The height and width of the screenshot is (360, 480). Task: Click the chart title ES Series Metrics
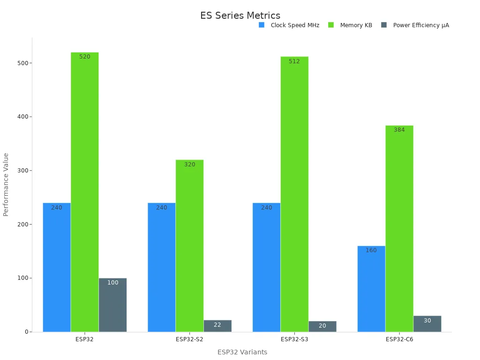(x=240, y=15)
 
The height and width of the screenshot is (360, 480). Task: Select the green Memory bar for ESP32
(x=85, y=192)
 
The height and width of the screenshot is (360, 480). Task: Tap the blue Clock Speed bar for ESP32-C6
(x=371, y=289)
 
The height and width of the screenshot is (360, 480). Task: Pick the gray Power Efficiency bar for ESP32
(x=112, y=305)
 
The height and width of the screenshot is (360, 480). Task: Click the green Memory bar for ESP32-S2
(x=189, y=246)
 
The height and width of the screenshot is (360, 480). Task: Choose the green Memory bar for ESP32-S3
(x=294, y=194)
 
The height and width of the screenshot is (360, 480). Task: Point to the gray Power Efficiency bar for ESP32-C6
(x=427, y=324)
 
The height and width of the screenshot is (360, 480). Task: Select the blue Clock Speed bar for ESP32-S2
(x=162, y=267)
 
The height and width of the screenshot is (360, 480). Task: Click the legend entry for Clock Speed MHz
(x=289, y=25)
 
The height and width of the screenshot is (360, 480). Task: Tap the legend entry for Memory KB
(x=350, y=25)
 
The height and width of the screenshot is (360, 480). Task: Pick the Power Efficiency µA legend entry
(x=415, y=25)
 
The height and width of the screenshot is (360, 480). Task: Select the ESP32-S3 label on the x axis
(x=294, y=339)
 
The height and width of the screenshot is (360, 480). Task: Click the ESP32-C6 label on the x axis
(x=399, y=339)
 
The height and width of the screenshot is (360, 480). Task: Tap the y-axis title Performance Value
(x=6, y=184)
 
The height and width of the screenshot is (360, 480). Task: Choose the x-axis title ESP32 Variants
(x=242, y=352)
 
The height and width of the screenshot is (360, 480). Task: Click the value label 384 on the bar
(x=399, y=130)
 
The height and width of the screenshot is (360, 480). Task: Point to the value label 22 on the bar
(x=217, y=325)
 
